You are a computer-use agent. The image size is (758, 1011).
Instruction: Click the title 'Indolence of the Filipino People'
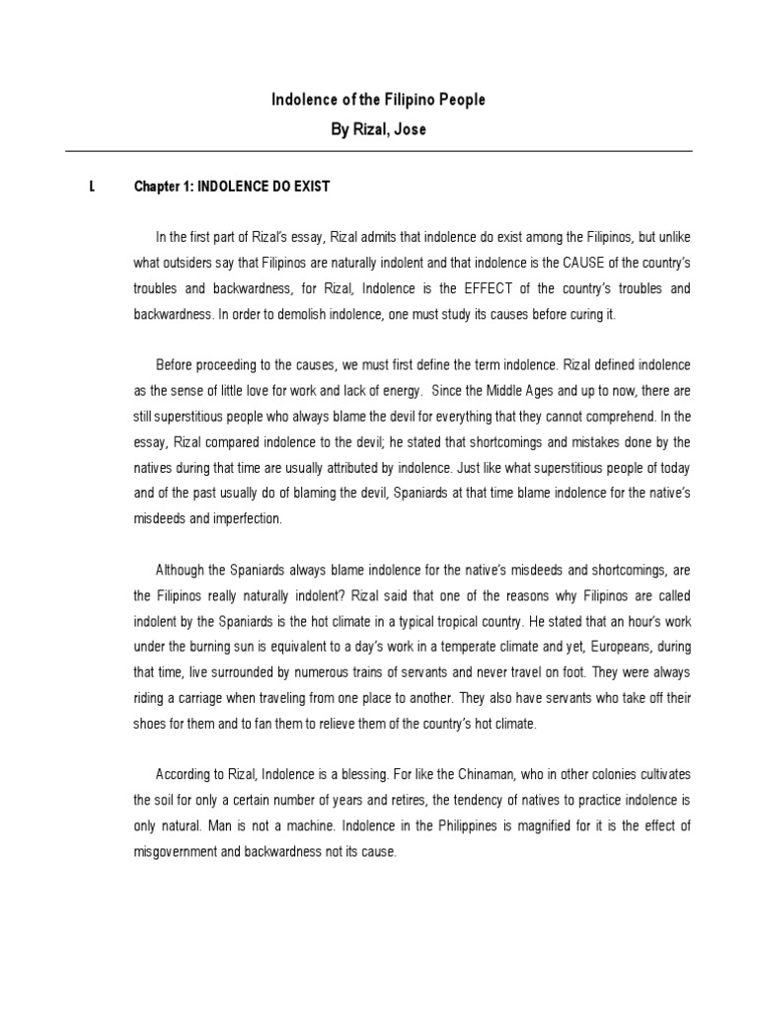378,101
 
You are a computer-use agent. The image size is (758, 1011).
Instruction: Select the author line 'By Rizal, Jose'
378,129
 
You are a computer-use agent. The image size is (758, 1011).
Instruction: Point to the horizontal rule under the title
378,151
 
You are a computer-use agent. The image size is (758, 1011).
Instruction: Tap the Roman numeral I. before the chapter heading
92,186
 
